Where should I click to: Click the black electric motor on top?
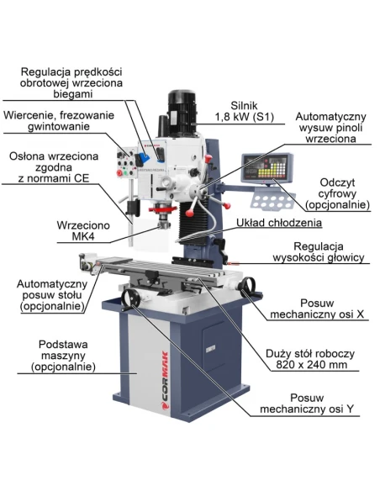[182, 114]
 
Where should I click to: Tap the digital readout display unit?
[267, 168]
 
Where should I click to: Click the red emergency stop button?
[119, 172]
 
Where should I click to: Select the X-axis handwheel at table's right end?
[248, 288]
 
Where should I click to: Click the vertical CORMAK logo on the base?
[165, 381]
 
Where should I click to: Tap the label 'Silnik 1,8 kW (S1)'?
[244, 111]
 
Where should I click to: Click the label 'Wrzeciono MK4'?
[83, 230]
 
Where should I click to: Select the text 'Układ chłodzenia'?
[279, 223]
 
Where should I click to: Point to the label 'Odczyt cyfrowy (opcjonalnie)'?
[337, 193]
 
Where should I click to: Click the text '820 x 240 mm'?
[311, 365]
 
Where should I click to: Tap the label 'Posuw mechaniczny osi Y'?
[307, 404]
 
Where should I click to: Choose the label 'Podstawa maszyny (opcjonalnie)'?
[63, 356]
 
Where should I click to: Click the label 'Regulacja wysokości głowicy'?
[319, 251]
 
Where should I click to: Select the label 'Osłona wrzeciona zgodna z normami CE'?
[54, 167]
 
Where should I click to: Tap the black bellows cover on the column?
[194, 222]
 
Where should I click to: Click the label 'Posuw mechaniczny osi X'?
[317, 309]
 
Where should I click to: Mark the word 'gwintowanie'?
[59, 127]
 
